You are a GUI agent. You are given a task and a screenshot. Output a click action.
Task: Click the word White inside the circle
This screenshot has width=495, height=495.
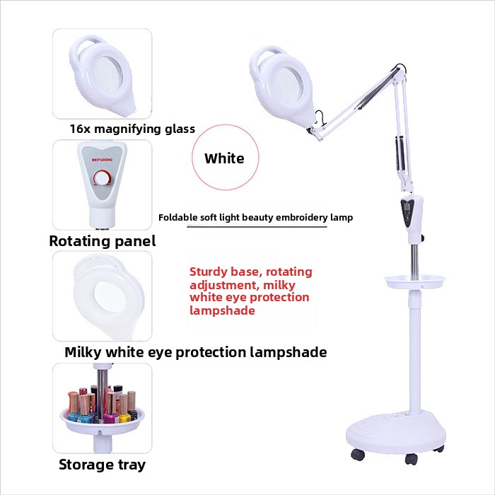coord(224,158)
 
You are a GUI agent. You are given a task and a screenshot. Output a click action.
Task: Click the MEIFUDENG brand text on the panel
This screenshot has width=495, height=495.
coord(102,160)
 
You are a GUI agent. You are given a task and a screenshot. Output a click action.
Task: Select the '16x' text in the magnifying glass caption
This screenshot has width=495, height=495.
coord(80,129)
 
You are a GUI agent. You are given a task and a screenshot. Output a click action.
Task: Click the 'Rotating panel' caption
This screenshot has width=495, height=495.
coord(103,241)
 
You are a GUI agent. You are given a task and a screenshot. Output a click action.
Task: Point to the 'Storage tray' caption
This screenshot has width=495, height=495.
coord(103,465)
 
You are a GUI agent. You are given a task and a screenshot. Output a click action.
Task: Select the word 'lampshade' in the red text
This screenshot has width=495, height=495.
coord(222,310)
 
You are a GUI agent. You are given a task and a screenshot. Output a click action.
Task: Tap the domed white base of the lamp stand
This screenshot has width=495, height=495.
coord(396,433)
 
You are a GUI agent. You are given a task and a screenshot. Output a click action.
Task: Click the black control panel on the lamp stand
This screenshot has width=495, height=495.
coord(407,210)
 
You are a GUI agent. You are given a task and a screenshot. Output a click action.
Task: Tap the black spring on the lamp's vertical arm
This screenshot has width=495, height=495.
coord(400,153)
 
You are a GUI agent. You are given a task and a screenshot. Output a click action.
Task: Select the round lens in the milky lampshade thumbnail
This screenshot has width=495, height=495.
coord(109,296)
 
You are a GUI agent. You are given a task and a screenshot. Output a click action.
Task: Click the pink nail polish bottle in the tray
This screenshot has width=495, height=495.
coord(110,408)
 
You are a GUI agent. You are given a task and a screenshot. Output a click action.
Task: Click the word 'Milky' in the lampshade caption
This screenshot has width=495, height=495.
coord(83,352)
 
